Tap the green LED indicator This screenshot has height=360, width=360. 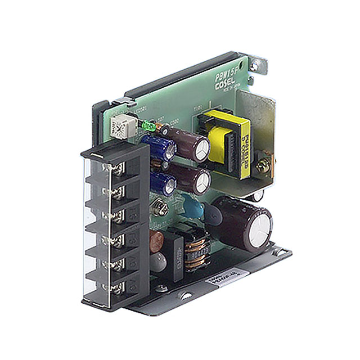[x=147, y=125]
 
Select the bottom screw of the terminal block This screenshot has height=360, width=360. [x=116, y=289]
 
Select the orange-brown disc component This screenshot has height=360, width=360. [x=158, y=240]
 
